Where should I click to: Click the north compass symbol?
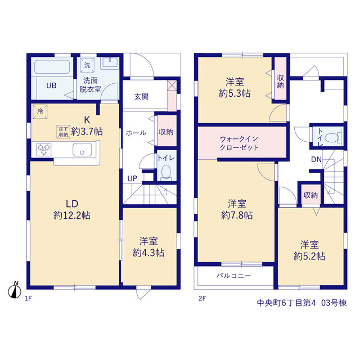15,291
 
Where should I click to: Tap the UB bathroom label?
51,85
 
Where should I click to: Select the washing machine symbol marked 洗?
87,65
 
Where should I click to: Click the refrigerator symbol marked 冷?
40,111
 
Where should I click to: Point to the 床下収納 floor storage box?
63,132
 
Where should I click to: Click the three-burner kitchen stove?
44,150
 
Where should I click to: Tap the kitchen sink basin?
82,150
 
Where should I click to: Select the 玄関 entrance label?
141,97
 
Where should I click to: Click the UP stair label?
132,178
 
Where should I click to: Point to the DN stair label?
316,159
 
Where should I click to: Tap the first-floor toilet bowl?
166,172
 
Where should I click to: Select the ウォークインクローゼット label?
239,143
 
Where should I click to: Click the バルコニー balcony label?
234,276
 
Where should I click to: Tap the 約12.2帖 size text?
72,215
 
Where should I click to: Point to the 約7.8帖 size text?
237,215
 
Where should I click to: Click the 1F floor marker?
28,299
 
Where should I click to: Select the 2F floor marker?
202,298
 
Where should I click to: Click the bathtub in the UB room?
52,67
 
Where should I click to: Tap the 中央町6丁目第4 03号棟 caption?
301,303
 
